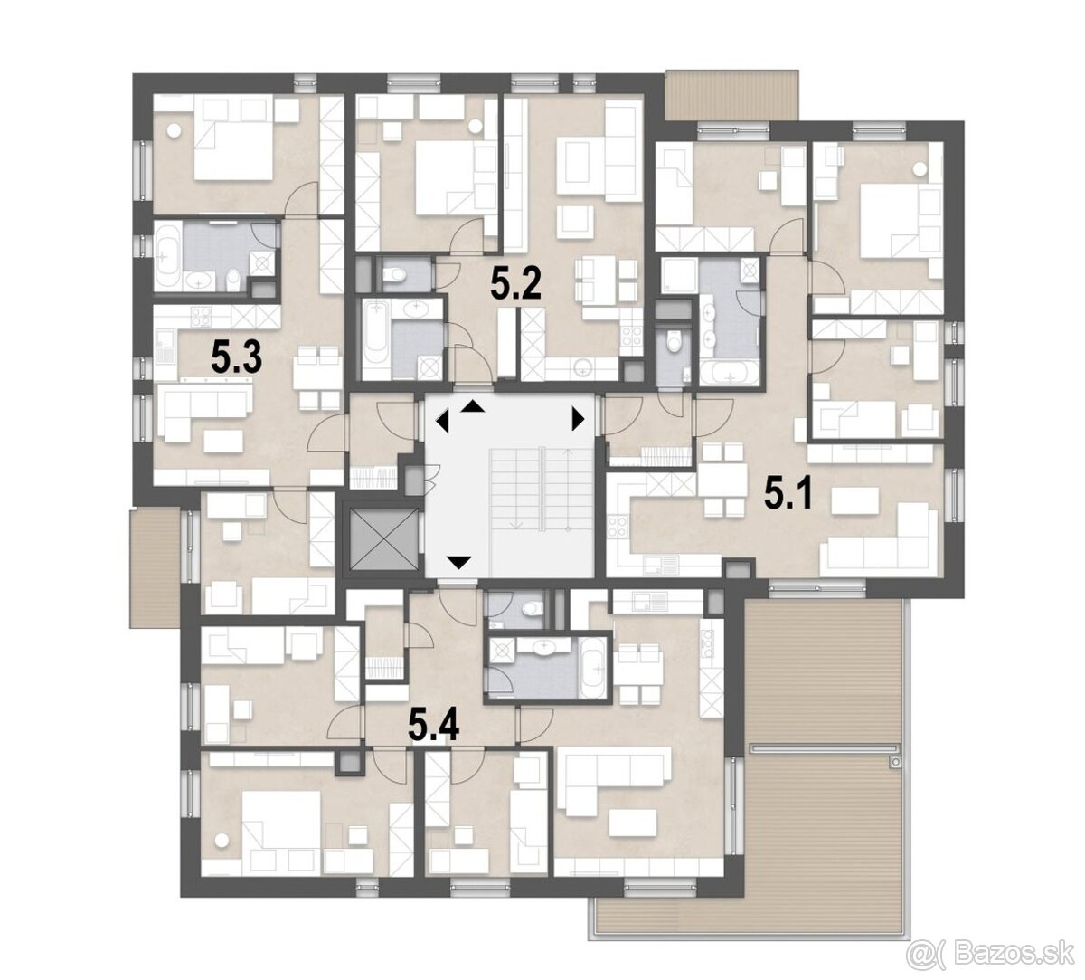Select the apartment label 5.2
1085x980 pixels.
[515, 285]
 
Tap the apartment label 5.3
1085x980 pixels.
[236, 358]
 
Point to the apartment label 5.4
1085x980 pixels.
[434, 726]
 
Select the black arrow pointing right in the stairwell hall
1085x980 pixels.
[578, 419]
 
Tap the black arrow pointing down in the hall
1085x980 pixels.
[459, 563]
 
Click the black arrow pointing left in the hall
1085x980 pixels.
[443, 422]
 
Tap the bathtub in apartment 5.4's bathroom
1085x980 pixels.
[594, 668]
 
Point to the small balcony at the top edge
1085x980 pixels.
[731, 95]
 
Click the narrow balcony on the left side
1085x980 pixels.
[155, 568]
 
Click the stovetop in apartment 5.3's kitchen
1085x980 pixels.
[201, 316]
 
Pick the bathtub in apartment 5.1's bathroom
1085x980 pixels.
[728, 373]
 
